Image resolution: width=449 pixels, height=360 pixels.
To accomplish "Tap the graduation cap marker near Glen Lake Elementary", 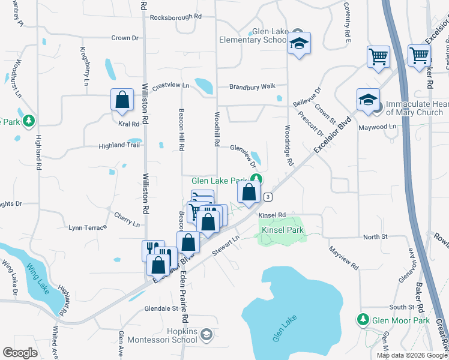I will coord(298,44).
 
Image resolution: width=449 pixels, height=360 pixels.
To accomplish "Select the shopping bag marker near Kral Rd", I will coord(122,100).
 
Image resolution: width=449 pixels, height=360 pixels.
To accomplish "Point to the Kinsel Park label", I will coord(282,230).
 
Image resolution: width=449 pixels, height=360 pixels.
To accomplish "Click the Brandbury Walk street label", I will coord(252,87).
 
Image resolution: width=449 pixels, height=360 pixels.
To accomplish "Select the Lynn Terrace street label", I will coord(87,227).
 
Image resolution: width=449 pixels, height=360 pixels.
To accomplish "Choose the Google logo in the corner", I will coord(20,352).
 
